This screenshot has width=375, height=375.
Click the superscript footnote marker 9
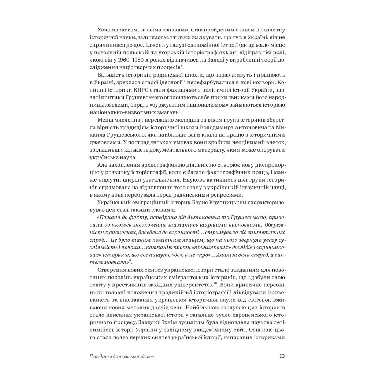pos(130,260)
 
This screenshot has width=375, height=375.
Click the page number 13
pos(282,356)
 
